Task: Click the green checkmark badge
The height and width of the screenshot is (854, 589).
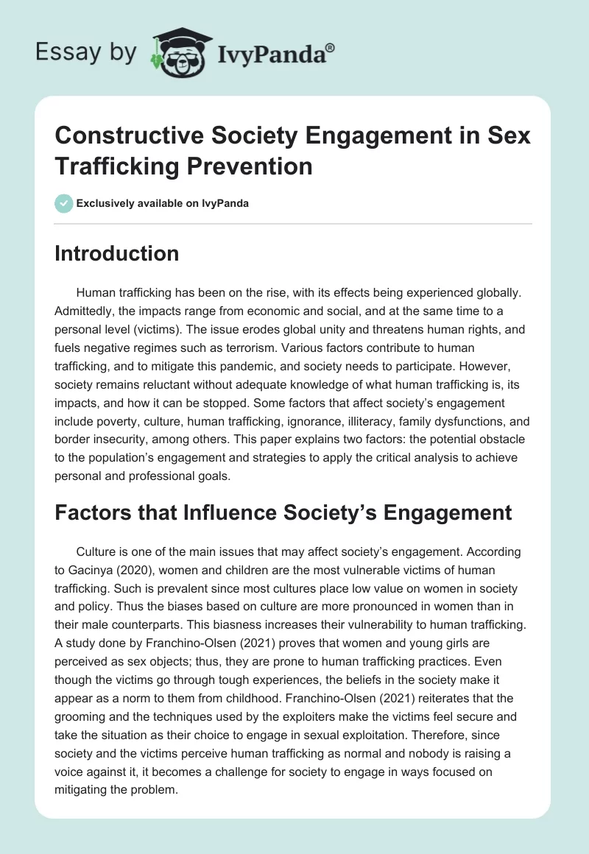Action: [x=63, y=203]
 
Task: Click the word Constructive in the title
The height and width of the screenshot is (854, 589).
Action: [x=130, y=138]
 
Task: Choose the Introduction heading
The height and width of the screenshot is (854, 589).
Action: [x=117, y=253]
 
